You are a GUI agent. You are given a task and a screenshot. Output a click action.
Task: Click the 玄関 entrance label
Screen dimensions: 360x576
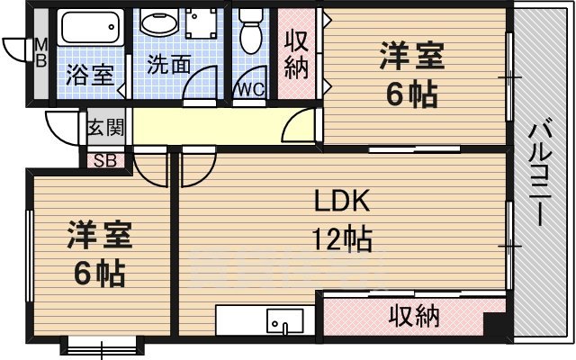point(105,127)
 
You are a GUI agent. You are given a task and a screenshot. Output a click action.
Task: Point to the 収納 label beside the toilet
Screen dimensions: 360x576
point(298,53)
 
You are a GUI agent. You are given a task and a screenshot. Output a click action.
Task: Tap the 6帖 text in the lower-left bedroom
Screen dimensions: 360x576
point(100,272)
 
